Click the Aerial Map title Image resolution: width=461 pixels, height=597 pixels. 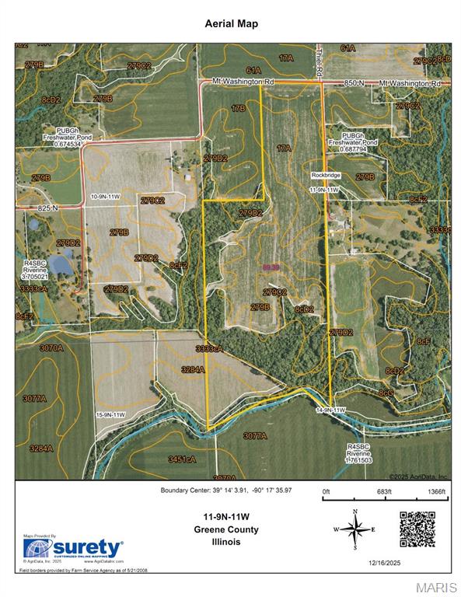[x=230, y=24]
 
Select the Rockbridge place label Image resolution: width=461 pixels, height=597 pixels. [x=327, y=176]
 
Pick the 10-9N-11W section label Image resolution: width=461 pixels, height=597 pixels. [x=105, y=197]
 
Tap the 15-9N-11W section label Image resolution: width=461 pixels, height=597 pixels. [x=110, y=415]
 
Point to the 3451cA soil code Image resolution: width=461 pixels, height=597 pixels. [x=182, y=459]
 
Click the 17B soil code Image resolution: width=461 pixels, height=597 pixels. [x=238, y=108]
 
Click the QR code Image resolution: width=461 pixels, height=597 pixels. [x=417, y=529]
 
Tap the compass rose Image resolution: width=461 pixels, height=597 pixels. [x=355, y=529]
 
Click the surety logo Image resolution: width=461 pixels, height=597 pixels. [x=74, y=547]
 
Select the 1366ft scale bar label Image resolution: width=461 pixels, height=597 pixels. [x=436, y=492]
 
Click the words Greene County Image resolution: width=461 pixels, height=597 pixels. [x=227, y=530]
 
